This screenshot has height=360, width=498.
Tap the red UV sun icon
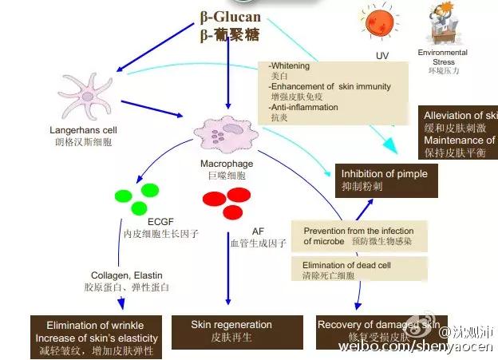381,25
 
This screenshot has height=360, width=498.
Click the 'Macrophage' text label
227,164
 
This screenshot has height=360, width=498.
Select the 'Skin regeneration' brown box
231,330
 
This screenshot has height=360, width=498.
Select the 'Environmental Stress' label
442,57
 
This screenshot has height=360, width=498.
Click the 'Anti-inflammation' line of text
304,107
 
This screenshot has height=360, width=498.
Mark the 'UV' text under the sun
382,56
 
